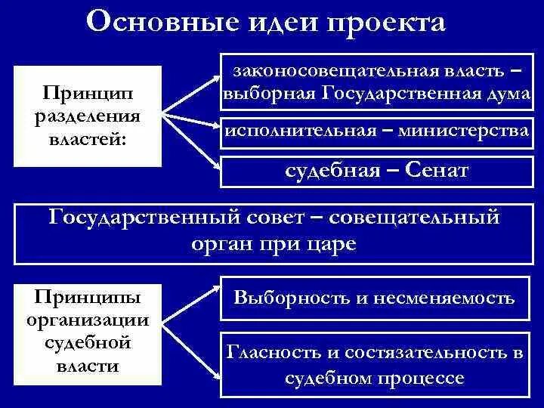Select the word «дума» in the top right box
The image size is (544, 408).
505,93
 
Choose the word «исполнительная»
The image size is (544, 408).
301,130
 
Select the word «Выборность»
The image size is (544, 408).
286,298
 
